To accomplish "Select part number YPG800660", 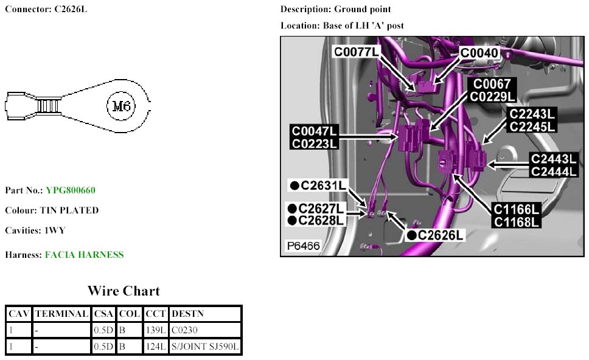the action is click(x=70, y=190).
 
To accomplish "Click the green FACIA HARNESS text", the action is click(x=84, y=255).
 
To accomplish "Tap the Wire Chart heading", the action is click(x=124, y=291).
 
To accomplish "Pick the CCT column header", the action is click(x=156, y=314).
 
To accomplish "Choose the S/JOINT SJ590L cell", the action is click(x=206, y=347).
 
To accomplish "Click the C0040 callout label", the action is click(x=479, y=54).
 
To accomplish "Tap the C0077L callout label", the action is click(x=355, y=52).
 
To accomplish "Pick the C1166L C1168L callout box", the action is click(x=517, y=216).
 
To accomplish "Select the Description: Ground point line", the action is click(x=335, y=10).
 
